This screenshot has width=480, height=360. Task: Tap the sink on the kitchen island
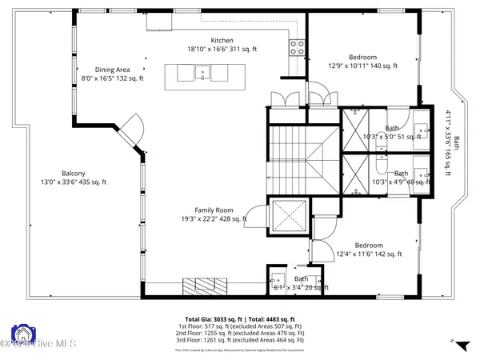tap(202, 74)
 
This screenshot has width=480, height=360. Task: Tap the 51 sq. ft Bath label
tap(391, 133)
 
